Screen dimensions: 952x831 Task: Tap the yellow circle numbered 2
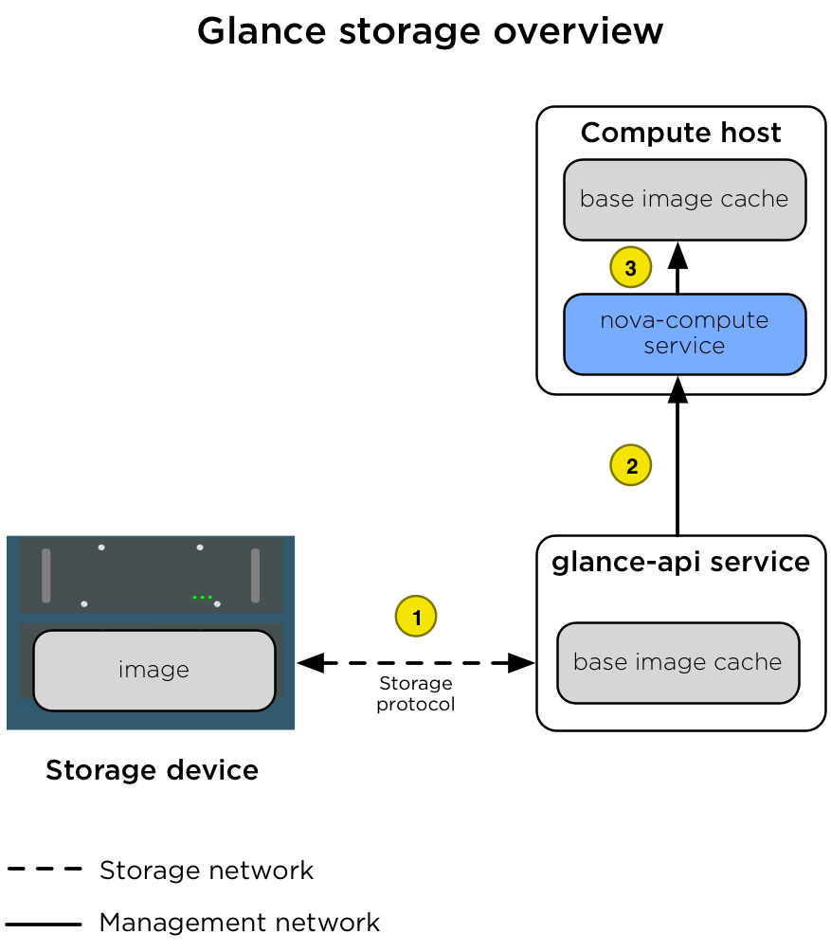pos(631,465)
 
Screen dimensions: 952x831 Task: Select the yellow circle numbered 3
pos(631,267)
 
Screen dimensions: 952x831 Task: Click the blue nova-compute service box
pos(684,333)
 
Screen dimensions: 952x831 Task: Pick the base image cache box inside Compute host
pos(684,199)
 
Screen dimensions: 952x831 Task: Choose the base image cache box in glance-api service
pos(677,662)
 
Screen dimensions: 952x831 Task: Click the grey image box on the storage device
pos(154,670)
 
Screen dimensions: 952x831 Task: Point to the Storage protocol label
pos(415,694)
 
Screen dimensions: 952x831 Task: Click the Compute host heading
pos(680,133)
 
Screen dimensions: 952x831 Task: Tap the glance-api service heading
pos(680,562)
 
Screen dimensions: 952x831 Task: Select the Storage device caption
pos(152,770)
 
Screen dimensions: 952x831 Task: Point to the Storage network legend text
pos(207,870)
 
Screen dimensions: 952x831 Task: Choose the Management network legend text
pos(240,922)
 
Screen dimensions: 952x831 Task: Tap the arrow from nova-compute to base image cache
pos(677,268)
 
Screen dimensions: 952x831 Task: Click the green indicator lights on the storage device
pos(201,597)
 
